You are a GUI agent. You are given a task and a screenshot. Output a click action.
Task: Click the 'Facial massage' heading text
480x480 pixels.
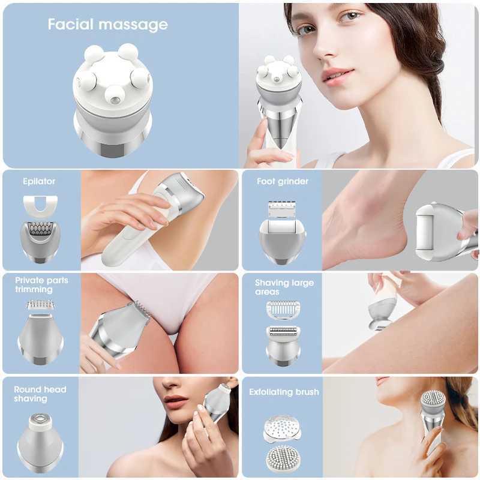(107, 25)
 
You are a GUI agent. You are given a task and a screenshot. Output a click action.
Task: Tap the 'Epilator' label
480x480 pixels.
(39, 181)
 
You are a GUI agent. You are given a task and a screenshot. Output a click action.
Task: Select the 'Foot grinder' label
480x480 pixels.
(282, 181)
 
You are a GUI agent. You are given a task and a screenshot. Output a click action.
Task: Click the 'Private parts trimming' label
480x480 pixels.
(41, 284)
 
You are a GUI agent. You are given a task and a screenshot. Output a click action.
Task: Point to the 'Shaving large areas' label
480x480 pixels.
(284, 287)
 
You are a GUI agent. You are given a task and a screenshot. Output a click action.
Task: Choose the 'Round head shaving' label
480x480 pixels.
(40, 394)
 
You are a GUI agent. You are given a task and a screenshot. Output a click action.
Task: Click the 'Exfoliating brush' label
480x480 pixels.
(284, 392)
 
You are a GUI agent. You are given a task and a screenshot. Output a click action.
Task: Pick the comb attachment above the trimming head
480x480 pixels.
(40, 305)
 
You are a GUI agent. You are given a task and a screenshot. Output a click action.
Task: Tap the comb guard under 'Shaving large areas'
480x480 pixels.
(282, 310)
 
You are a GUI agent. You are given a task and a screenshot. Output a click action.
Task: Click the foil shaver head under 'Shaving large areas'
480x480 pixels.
(283, 345)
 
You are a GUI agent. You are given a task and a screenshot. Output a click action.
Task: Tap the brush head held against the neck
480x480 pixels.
(433, 401)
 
